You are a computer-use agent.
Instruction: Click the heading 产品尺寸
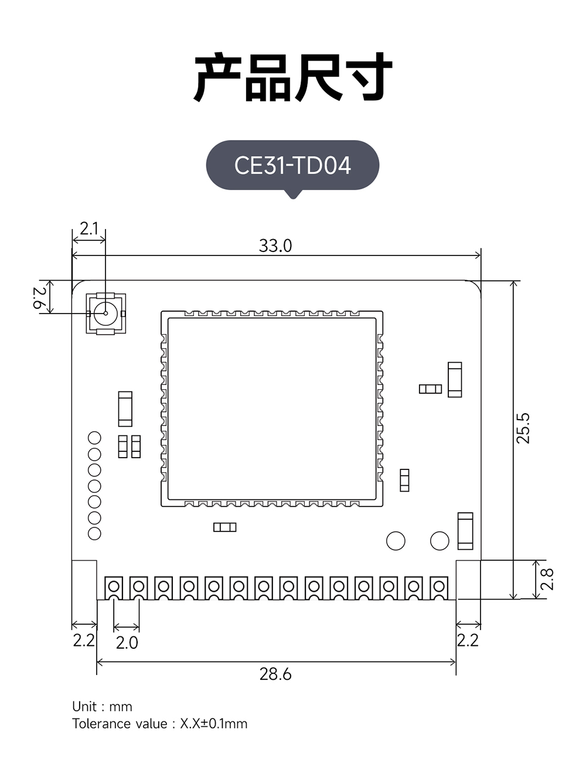[x=292, y=77]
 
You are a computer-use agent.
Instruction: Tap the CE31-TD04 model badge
[x=292, y=165]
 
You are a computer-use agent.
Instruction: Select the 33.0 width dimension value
[x=275, y=246]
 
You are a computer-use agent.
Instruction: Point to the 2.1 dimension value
[x=89, y=229]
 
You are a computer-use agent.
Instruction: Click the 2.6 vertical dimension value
[x=39, y=297]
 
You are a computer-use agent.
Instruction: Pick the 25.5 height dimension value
[x=523, y=428]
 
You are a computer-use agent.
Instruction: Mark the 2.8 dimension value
[x=547, y=579]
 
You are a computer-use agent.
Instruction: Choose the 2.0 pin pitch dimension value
[x=127, y=643]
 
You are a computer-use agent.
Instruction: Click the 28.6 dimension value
[x=275, y=674]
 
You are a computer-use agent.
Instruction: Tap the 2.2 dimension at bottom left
[x=84, y=640]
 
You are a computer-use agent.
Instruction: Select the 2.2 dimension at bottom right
[x=468, y=640]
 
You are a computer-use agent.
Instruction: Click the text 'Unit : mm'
[x=102, y=706]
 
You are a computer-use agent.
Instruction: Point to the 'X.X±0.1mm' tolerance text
[x=213, y=724]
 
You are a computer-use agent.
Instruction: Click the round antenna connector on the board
[x=105, y=313]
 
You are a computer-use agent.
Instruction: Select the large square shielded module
[x=272, y=409]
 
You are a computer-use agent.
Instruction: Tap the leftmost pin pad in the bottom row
[x=114, y=587]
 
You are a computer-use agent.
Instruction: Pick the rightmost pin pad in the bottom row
[x=439, y=587]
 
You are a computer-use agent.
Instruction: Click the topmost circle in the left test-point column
[x=94, y=438]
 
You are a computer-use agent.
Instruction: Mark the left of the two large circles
[x=396, y=541]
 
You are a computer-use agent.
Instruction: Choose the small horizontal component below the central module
[x=224, y=527]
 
